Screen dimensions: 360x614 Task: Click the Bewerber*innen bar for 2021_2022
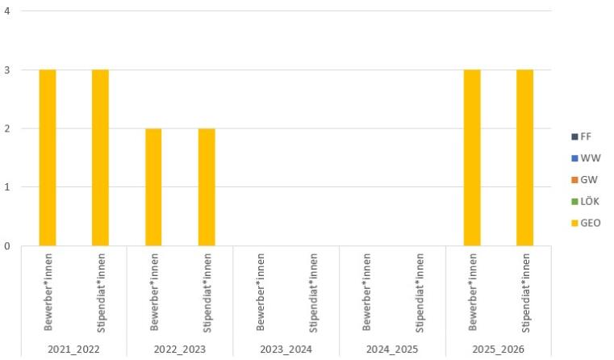pyautogui.click(x=48, y=157)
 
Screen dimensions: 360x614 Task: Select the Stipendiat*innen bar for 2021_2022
pyautogui.click(x=100, y=157)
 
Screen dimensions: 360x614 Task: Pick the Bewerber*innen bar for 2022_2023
pyautogui.click(x=153, y=187)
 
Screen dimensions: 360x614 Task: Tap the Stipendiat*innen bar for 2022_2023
pyautogui.click(x=207, y=187)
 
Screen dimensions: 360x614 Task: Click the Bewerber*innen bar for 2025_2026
pyautogui.click(x=472, y=157)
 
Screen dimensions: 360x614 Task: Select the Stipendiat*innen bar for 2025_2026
pyautogui.click(x=524, y=157)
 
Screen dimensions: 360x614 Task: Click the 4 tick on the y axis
pyautogui.click(x=7, y=12)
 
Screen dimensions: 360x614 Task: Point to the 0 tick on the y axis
pyautogui.click(x=7, y=246)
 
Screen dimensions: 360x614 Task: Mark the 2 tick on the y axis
pyautogui.click(x=7, y=129)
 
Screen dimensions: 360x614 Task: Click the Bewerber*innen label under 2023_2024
pyautogui.click(x=261, y=292)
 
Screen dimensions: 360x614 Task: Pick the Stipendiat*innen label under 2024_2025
pyautogui.click(x=420, y=292)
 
